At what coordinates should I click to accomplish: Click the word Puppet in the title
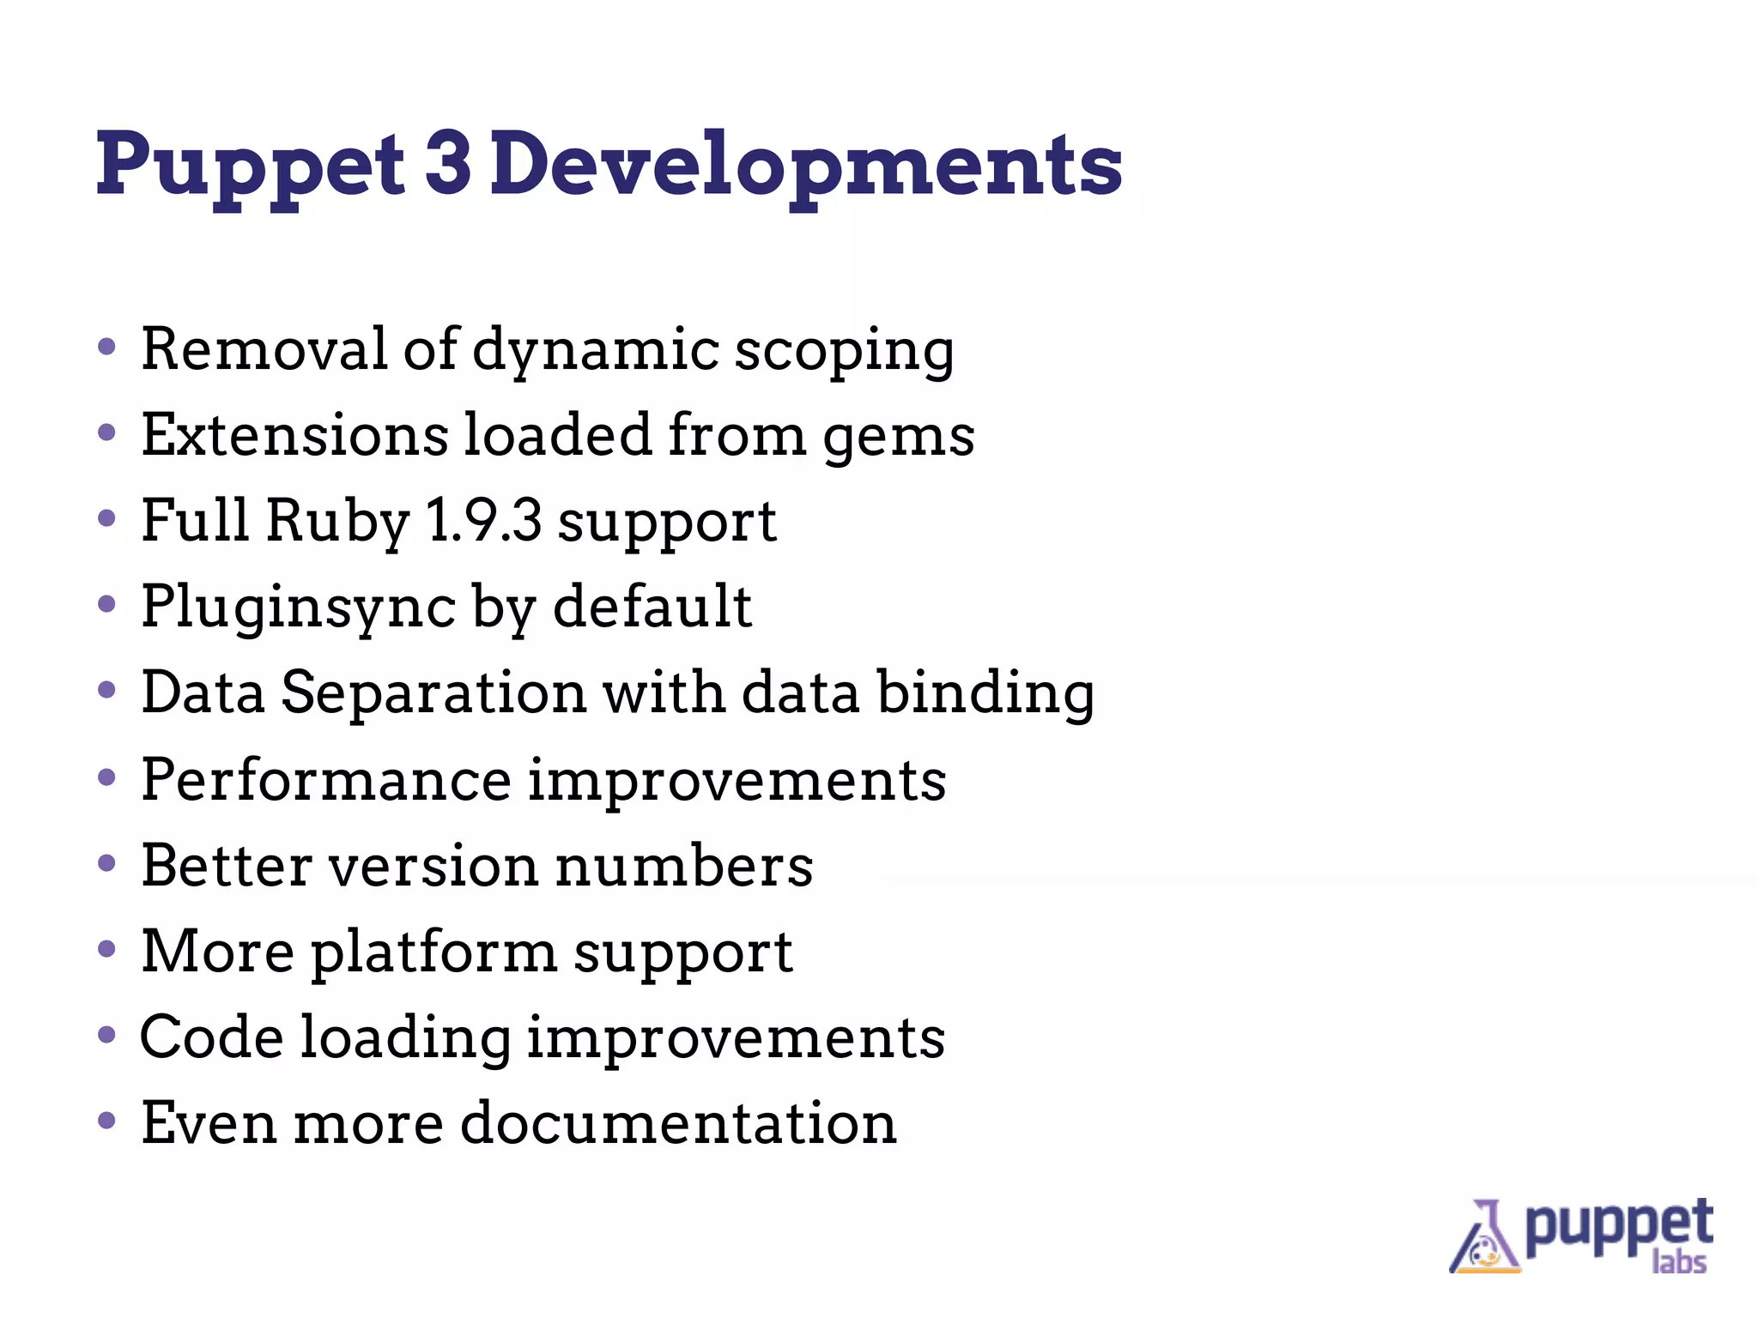249,165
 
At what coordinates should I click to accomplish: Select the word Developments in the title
806,165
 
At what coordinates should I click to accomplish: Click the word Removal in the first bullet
264,349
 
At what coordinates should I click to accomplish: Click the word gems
899,438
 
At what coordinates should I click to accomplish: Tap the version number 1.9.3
483,521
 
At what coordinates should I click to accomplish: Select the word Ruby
337,523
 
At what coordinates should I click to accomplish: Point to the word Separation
433,693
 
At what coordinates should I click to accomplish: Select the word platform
433,952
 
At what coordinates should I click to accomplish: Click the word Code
211,1037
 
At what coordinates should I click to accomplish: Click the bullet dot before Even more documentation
106,1121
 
